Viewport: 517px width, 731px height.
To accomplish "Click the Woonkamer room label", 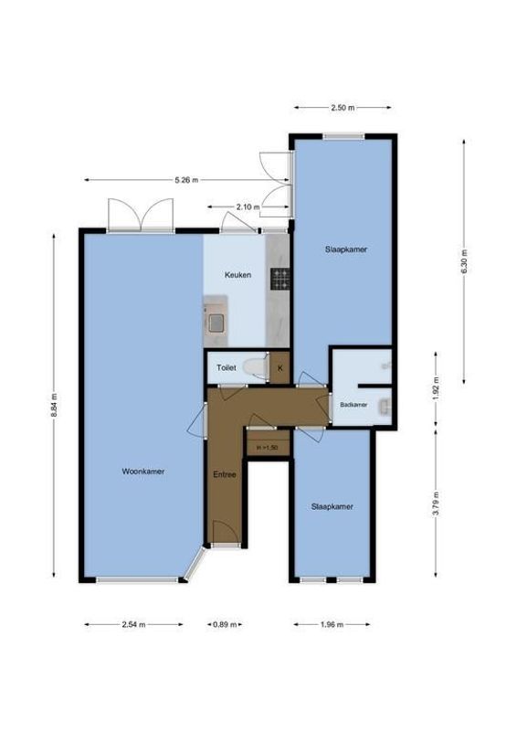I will point(142,472).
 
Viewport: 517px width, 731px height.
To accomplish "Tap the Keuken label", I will point(238,274).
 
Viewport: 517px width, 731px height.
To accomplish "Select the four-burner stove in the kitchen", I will point(280,279).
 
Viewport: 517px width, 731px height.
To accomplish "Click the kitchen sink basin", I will point(217,321).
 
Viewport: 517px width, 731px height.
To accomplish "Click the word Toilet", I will point(226,368).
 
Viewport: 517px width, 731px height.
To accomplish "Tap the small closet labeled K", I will point(280,368).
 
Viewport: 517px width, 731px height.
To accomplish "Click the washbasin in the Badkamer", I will point(386,405).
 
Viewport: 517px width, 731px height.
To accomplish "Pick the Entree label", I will point(225,475).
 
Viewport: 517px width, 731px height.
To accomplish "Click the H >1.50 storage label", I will point(268,447).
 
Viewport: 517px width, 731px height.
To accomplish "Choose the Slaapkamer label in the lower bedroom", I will point(332,506).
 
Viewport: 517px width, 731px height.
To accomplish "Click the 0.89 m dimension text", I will point(225,625).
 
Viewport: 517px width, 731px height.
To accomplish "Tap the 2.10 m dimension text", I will point(245,207).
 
